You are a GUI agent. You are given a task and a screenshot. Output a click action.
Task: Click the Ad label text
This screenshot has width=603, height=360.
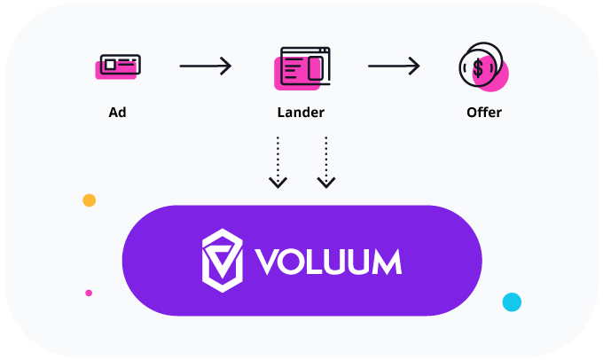115,113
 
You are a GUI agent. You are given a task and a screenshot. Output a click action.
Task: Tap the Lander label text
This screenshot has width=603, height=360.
301,113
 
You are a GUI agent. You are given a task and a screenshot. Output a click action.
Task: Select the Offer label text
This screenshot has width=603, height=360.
483,113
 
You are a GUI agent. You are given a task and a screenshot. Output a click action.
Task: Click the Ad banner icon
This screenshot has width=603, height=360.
119,66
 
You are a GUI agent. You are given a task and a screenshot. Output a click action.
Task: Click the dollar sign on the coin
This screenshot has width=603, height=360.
478,67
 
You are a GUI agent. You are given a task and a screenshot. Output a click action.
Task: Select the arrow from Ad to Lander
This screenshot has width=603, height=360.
205,66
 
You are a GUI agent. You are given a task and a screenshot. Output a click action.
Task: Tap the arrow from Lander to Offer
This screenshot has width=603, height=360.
394,66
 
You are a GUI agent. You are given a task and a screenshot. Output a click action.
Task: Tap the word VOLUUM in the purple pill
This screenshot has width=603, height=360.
328,262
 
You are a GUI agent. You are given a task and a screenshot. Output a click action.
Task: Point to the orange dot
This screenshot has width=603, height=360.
89,200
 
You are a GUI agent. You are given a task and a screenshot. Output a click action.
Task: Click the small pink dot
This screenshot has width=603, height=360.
89,293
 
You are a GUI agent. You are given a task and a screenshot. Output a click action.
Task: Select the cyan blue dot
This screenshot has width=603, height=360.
512,301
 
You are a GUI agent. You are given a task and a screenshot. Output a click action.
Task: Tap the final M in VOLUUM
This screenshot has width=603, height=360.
386,262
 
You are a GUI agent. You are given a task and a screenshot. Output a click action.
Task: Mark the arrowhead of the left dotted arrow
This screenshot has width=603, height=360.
278,182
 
